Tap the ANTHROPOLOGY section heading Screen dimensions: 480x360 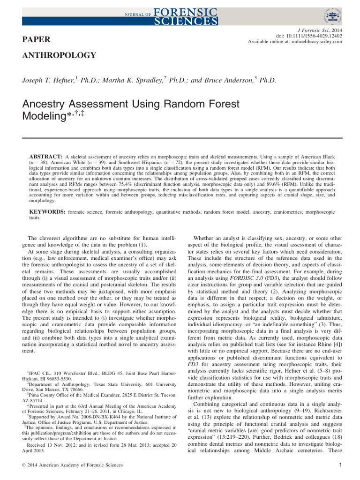[59, 56]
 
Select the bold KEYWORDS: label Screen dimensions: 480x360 [47, 212]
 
